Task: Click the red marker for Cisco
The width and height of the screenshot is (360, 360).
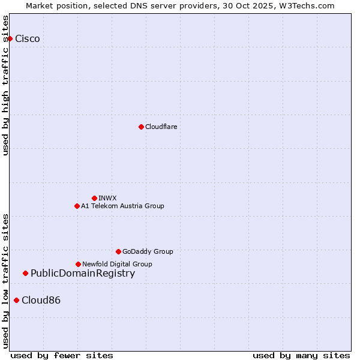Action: coord(10,38)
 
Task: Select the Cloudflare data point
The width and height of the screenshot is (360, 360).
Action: coord(141,127)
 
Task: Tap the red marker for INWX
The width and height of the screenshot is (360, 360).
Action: coord(94,198)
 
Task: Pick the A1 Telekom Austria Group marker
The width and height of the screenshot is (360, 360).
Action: coord(77,206)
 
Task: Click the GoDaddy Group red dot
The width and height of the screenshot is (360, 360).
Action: coord(118,251)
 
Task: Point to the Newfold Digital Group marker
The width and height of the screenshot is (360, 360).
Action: coord(78,264)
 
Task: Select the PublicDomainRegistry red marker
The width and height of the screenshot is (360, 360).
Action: coord(25,274)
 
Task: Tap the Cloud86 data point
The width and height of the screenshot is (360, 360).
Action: coord(16,300)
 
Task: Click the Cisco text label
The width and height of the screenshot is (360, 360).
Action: coord(28,39)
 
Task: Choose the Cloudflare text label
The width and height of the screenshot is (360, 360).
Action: coord(161,127)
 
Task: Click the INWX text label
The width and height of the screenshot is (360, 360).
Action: coord(107,198)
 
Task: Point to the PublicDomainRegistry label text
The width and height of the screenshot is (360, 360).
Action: coord(83,274)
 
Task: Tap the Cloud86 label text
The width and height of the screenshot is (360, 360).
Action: coord(41,301)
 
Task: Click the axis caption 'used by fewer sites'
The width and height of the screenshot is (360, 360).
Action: coord(62,355)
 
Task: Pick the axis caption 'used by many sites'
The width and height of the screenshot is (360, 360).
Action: coord(301,355)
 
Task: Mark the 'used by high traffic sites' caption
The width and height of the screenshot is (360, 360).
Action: coord(6,85)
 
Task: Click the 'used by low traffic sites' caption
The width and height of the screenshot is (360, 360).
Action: coord(6,280)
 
